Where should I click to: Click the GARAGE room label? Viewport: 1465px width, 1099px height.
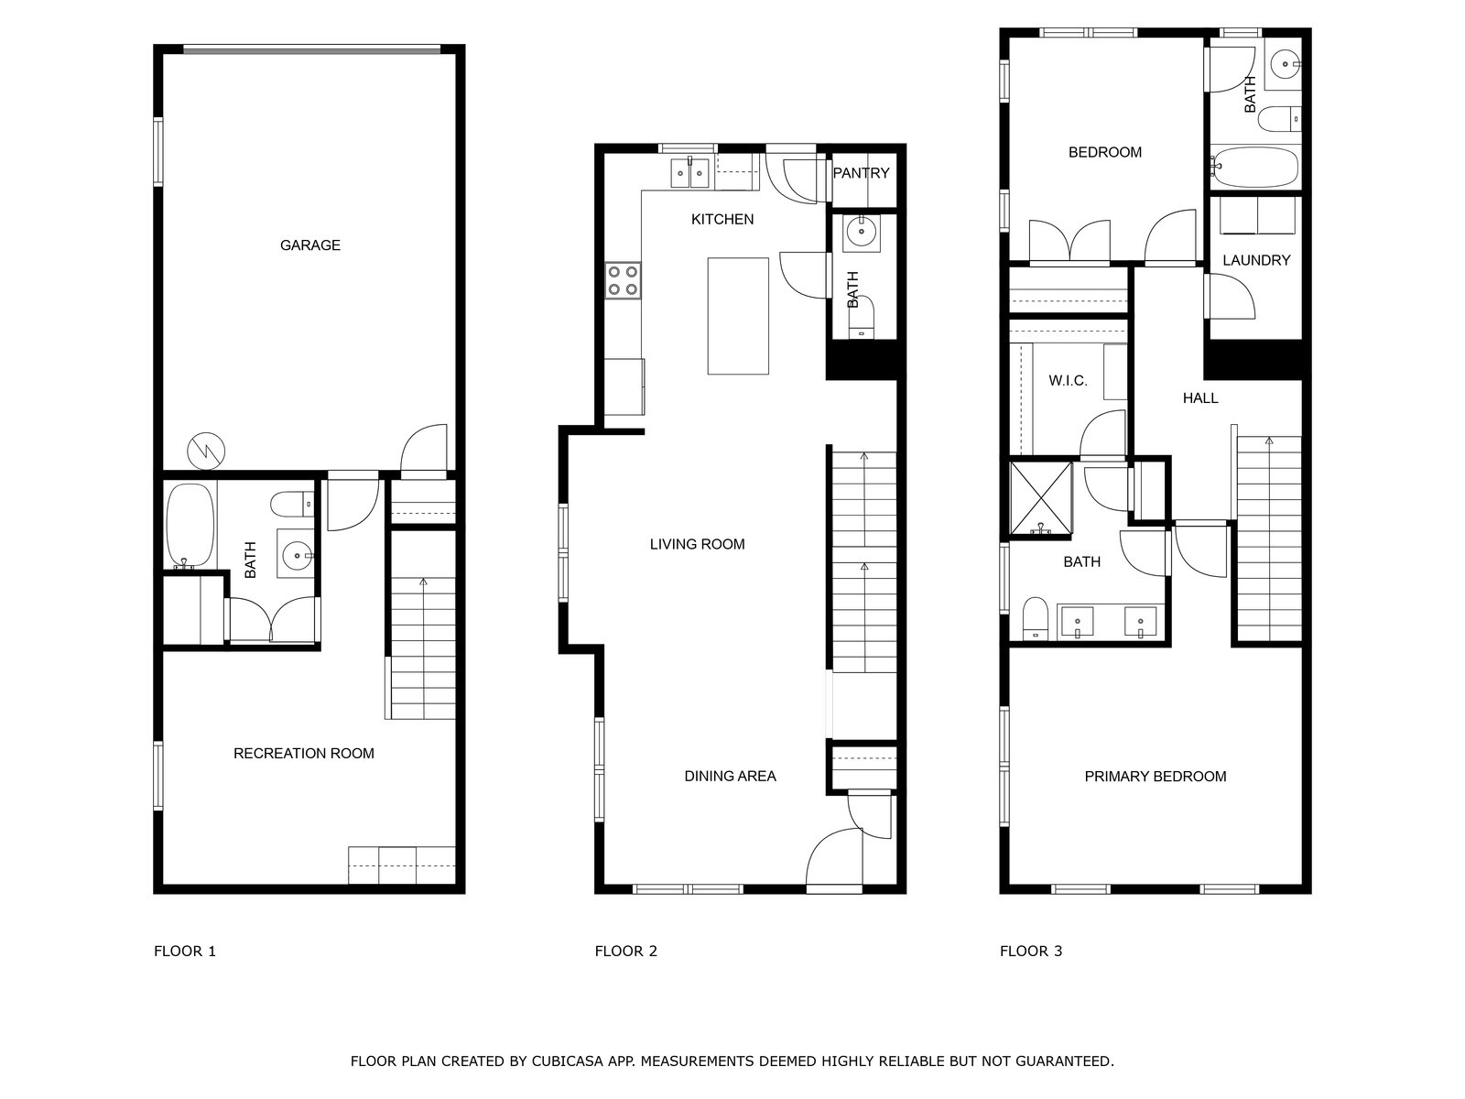tap(309, 245)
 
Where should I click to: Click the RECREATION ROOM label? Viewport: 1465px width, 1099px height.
tap(303, 754)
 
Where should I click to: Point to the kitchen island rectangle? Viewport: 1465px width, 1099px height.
tap(737, 316)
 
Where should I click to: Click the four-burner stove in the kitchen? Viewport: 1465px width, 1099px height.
tap(623, 280)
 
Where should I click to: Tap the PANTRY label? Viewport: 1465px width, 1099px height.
tap(861, 173)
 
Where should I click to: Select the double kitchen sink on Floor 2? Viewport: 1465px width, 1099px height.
tap(689, 172)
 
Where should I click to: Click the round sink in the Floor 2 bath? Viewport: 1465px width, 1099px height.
tap(861, 233)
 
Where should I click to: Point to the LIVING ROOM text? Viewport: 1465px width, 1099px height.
tap(697, 544)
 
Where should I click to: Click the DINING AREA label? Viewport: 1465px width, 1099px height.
tap(730, 777)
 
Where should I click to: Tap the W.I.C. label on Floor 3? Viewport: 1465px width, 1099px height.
tap(1068, 381)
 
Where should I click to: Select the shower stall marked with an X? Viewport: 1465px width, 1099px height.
tap(1040, 497)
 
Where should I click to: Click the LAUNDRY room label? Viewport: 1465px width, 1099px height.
tap(1256, 261)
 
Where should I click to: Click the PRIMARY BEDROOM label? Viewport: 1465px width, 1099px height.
tap(1155, 777)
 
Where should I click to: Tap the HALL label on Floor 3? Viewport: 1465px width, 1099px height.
tap(1199, 398)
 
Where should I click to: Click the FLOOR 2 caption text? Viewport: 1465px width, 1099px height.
tap(625, 952)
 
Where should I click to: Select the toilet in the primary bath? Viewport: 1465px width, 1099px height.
tap(1035, 617)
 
